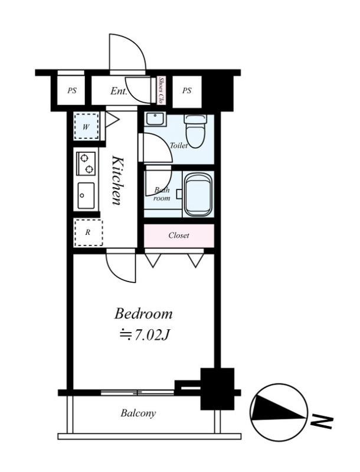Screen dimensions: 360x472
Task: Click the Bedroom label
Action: pyautogui.click(x=143, y=314)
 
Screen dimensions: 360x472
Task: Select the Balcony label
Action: pyautogui.click(x=138, y=413)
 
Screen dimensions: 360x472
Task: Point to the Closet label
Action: pyautogui.click(x=179, y=235)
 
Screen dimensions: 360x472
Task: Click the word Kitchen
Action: pyautogui.click(x=117, y=180)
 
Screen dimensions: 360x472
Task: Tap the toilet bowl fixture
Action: pyautogui.click(x=196, y=131)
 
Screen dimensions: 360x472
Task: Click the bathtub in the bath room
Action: pyautogui.click(x=198, y=194)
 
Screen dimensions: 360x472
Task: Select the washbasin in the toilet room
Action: pyautogui.click(x=155, y=119)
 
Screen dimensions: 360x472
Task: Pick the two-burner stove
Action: pyautogui.click(x=86, y=163)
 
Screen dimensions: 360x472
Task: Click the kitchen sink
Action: pyautogui.click(x=86, y=196)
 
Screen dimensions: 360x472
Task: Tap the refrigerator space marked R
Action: pyautogui.click(x=89, y=232)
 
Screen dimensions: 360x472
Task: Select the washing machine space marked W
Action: pyautogui.click(x=86, y=126)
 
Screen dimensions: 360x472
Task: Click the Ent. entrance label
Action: pyautogui.click(x=119, y=91)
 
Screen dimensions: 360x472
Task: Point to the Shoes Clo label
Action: pyautogui.click(x=161, y=90)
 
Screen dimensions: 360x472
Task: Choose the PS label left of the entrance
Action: pyautogui.click(x=71, y=90)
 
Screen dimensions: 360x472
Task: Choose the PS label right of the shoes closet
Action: pyautogui.click(x=186, y=90)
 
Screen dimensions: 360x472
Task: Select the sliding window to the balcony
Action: pyautogui.click(x=138, y=392)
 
